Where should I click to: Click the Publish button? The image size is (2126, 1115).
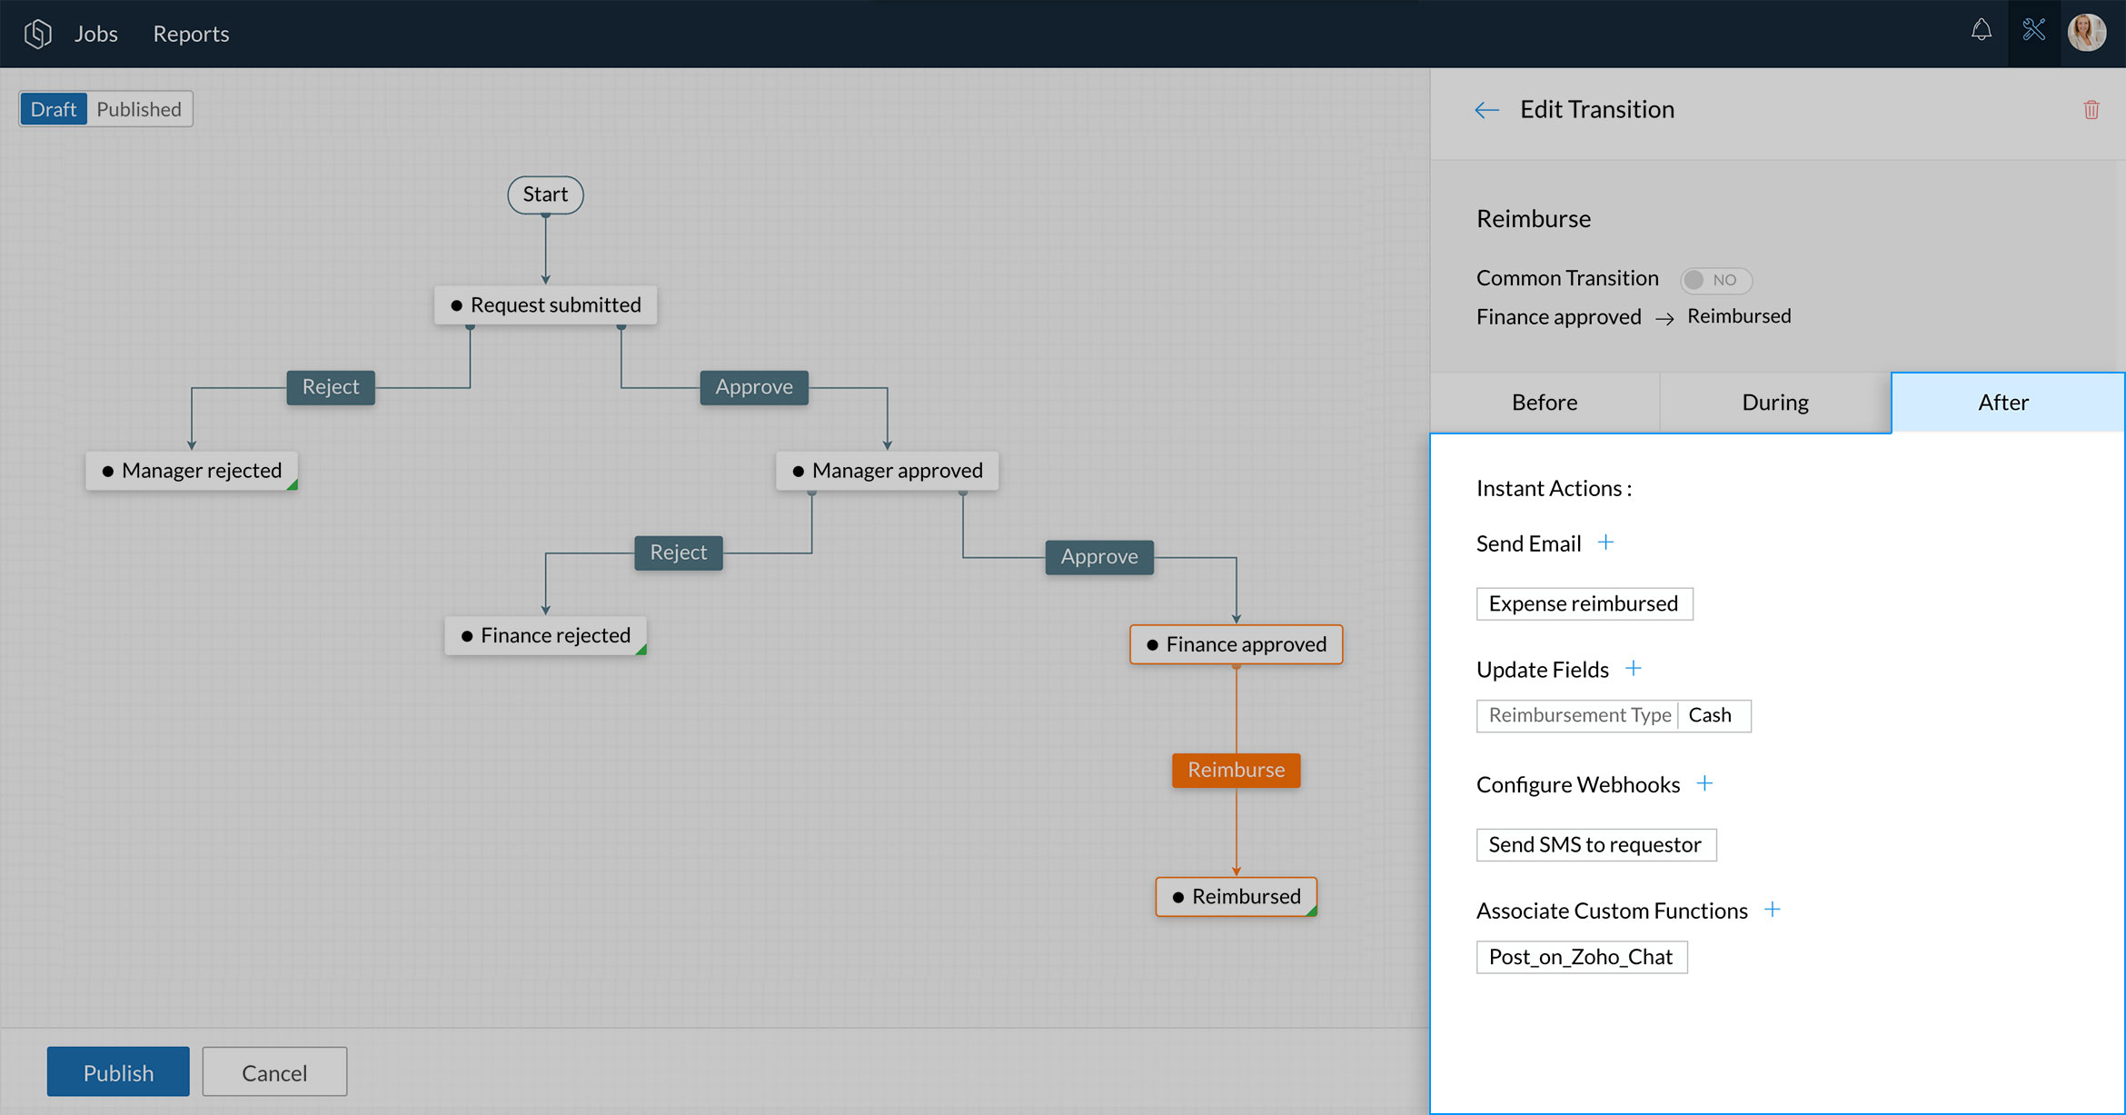pyautogui.click(x=118, y=1072)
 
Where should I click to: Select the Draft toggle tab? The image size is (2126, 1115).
pyautogui.click(x=54, y=109)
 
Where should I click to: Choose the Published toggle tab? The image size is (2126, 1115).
pyautogui.click(x=139, y=109)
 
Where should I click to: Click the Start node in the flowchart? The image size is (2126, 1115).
pyautogui.click(x=545, y=194)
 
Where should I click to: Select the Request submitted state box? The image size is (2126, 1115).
pyautogui.click(x=546, y=305)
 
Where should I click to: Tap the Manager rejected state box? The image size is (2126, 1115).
pyautogui.click(x=192, y=471)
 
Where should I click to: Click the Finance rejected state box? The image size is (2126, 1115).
pyautogui.click(x=545, y=635)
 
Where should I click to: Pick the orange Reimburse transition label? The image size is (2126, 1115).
pyautogui.click(x=1237, y=771)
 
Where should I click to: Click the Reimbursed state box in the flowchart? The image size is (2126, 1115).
pyautogui.click(x=1237, y=897)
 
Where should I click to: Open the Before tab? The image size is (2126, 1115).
pyautogui.click(x=1545, y=403)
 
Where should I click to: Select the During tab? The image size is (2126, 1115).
pyautogui.click(x=1775, y=403)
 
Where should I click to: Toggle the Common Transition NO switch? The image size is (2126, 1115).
pyautogui.click(x=1716, y=280)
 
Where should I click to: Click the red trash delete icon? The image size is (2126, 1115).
pyautogui.click(x=2091, y=110)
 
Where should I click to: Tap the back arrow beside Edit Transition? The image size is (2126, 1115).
pyautogui.click(x=1487, y=111)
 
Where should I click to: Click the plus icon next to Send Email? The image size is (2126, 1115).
pyautogui.click(x=1606, y=543)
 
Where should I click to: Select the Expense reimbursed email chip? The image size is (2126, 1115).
pyautogui.click(x=1585, y=604)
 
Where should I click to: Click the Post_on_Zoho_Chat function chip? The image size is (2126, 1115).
pyautogui.click(x=1582, y=958)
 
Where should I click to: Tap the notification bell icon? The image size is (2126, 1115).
pyautogui.click(x=1982, y=32)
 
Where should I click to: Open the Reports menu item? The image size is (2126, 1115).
pyautogui.click(x=191, y=34)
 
